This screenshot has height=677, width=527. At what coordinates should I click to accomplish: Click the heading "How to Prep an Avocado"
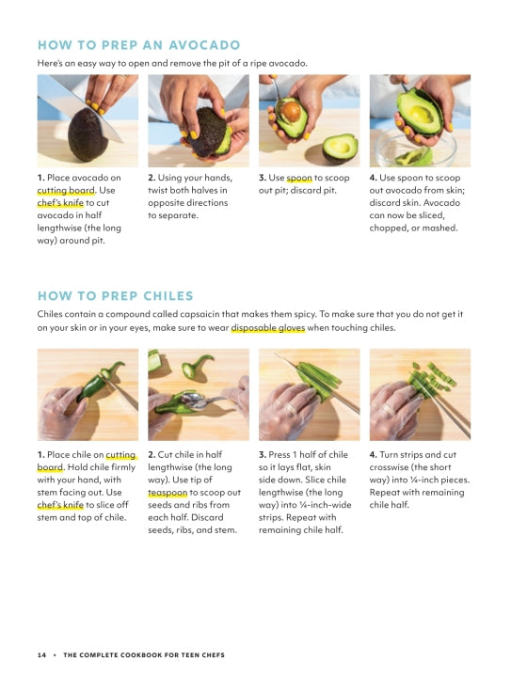tap(138, 45)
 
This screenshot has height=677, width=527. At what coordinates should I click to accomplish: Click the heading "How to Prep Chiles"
tap(116, 296)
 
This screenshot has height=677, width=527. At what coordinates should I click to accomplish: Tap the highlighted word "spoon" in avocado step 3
tap(299, 178)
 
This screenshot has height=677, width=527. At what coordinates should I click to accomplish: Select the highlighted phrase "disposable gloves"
tap(268, 328)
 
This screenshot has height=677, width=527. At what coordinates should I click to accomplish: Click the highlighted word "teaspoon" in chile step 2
tap(168, 493)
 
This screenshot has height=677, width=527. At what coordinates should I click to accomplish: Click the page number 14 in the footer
tap(41, 655)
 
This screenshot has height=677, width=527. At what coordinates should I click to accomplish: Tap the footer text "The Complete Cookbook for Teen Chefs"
tap(144, 655)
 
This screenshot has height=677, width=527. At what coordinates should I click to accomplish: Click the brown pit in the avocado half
tap(291, 111)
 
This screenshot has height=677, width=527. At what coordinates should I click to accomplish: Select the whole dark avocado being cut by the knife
tap(88, 134)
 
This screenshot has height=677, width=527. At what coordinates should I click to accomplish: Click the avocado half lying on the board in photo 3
tap(341, 148)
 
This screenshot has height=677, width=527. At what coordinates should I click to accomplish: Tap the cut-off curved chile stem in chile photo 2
tap(197, 367)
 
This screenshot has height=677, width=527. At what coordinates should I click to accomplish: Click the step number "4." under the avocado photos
tap(374, 178)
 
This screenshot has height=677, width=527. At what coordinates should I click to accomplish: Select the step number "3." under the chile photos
tap(263, 455)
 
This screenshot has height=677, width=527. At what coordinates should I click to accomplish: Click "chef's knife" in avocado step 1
tap(60, 203)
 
